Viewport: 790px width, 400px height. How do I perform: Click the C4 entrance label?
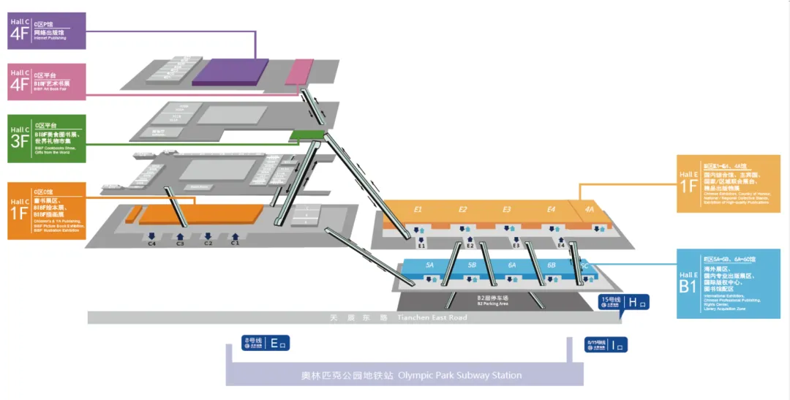152,244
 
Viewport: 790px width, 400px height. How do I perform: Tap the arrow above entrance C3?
180,235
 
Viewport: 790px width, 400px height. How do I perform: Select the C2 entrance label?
208,244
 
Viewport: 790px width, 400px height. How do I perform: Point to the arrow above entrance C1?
236,235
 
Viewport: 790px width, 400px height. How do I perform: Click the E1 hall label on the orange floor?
418,210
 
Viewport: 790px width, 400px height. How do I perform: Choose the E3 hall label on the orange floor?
507,210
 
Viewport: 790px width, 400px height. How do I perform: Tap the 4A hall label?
590,210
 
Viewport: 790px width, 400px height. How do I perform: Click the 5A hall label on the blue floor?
430,265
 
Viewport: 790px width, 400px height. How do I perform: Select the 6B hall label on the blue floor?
551,265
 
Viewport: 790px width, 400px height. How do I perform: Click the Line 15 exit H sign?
623,302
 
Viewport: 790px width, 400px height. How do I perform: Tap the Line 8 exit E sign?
266,342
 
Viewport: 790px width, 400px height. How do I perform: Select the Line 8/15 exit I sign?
606,344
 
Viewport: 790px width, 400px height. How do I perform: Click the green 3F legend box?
47,138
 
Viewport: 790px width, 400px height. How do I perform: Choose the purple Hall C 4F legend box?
47,31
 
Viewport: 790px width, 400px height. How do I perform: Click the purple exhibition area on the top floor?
230,72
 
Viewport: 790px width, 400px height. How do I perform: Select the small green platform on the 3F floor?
306,135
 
